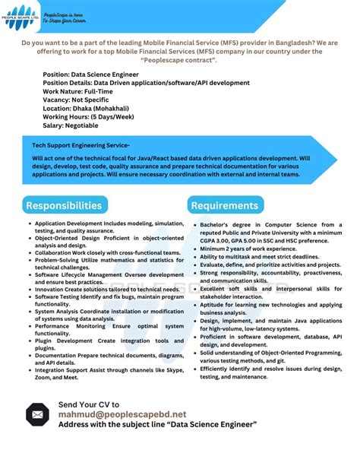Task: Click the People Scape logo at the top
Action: [21, 17]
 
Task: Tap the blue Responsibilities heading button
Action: [64, 205]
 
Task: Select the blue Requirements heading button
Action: [225, 205]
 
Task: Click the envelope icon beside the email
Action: [38, 414]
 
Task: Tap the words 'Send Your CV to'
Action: [89, 404]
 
